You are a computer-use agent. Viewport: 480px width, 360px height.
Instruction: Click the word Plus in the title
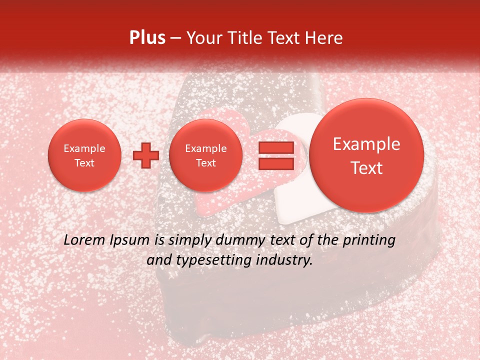point(147,38)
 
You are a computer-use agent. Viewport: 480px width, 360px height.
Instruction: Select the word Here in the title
point(324,38)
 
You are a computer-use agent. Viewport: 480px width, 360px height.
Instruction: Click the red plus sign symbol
point(146,155)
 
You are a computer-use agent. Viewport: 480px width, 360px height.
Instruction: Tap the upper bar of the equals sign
point(276,148)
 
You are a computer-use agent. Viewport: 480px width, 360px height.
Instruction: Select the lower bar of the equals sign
point(276,163)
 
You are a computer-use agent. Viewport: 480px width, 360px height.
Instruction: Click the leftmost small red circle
point(84,155)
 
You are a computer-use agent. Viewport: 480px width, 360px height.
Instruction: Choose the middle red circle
point(206,155)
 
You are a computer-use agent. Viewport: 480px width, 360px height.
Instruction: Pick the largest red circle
point(366,155)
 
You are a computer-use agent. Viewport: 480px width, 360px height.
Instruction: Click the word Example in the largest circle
point(366,144)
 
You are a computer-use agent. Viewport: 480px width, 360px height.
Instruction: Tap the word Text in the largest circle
point(366,168)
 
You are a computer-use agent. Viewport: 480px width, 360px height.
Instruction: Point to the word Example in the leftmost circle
point(84,148)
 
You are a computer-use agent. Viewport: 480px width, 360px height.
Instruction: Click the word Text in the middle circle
point(206,163)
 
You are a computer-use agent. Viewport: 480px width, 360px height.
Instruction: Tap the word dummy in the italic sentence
point(235,240)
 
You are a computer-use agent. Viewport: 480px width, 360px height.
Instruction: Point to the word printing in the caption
point(369,240)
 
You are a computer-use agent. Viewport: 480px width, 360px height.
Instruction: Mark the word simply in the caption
point(187,240)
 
